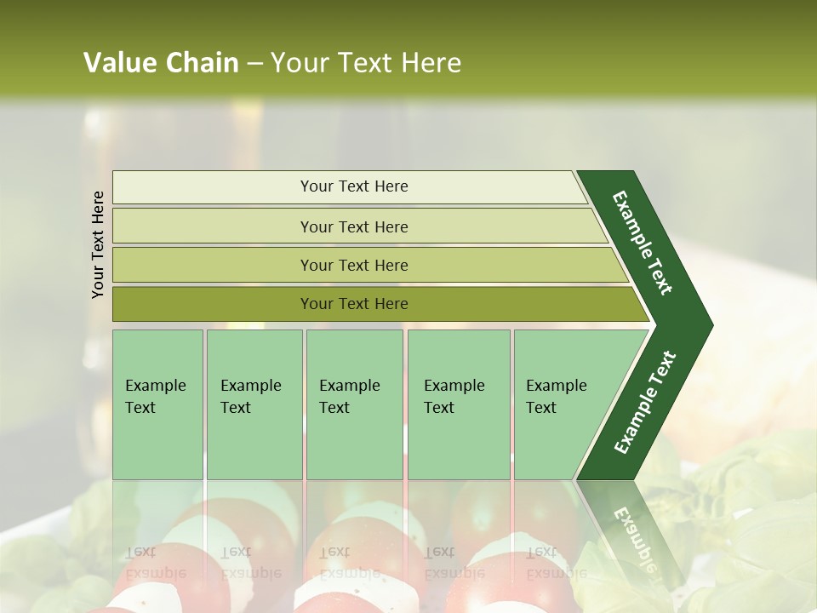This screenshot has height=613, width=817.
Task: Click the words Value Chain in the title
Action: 161,63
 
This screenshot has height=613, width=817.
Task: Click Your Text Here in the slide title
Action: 366,63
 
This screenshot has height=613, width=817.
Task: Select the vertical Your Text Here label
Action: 98,244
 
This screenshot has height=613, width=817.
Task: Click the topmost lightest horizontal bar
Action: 213,187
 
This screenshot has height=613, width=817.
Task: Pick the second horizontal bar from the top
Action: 213,226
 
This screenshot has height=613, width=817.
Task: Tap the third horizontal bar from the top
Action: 213,265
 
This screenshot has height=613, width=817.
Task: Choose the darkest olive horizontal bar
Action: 213,304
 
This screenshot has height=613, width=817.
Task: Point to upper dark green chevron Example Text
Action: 643,243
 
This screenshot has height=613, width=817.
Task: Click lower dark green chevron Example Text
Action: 645,402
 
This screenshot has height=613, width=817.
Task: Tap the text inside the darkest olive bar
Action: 354,304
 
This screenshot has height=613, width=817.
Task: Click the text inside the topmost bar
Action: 354,186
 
